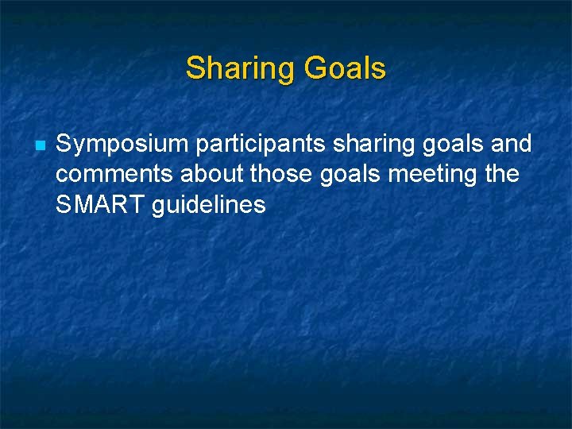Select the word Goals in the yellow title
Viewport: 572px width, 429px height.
(344, 69)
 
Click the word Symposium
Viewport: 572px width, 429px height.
(122, 145)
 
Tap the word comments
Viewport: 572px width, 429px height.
(114, 175)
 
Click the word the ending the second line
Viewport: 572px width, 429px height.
(500, 175)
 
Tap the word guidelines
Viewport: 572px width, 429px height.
(207, 205)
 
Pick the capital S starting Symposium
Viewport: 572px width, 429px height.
(64, 145)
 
